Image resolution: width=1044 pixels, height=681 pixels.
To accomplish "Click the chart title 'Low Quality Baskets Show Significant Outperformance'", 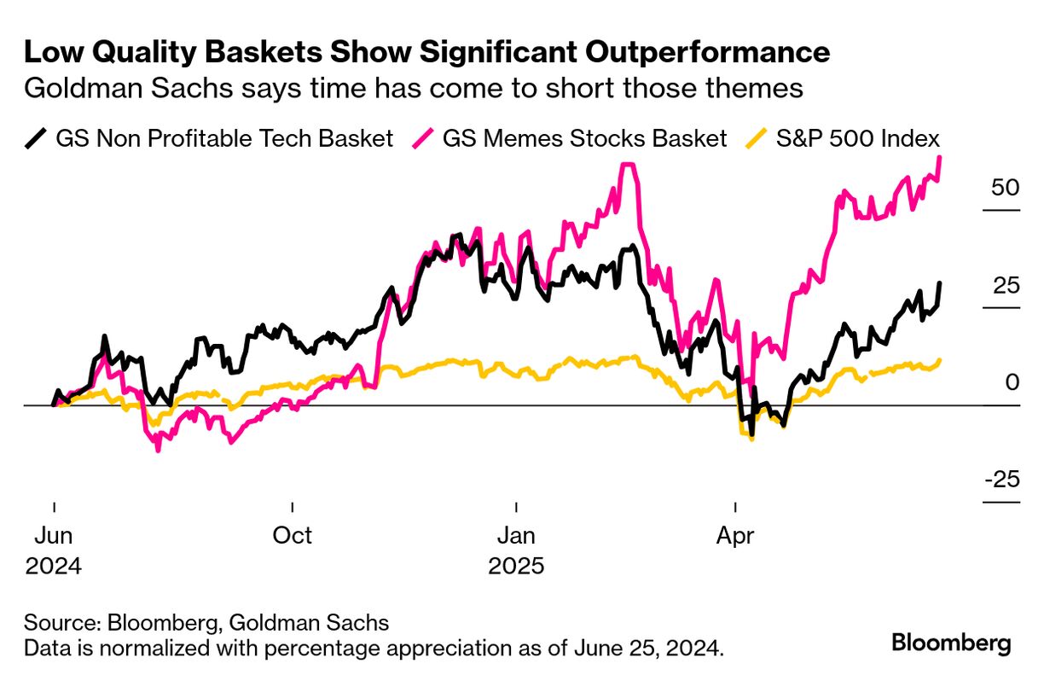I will coord(426,53).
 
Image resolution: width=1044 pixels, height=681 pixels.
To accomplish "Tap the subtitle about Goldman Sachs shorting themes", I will coord(414,89).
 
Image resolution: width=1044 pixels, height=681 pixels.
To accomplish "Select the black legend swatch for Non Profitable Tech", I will coord(37,137).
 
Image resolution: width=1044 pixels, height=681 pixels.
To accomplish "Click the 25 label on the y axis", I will coord(1006,285).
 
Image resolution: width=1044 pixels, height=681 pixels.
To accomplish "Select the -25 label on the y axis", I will coord(1001,480).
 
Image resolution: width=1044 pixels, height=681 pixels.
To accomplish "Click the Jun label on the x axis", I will coord(54,536).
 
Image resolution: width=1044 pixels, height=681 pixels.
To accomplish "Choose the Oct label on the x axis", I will coord(293,536).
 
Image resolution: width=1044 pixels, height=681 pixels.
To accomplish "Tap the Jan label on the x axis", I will coord(516,536).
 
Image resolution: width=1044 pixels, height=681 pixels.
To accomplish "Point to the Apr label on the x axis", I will coord(735,536).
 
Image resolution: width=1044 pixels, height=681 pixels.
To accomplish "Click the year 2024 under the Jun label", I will coord(54,567).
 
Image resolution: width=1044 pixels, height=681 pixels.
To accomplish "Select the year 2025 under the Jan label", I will coord(516,567).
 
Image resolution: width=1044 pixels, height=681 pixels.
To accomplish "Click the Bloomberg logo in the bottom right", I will coord(951,643).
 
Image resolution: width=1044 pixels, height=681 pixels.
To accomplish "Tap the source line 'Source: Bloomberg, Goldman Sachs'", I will coord(206,621).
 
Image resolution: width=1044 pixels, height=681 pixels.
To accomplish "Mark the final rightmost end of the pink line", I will coord(940,157).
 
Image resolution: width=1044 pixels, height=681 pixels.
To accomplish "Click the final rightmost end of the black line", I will coord(940,283).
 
